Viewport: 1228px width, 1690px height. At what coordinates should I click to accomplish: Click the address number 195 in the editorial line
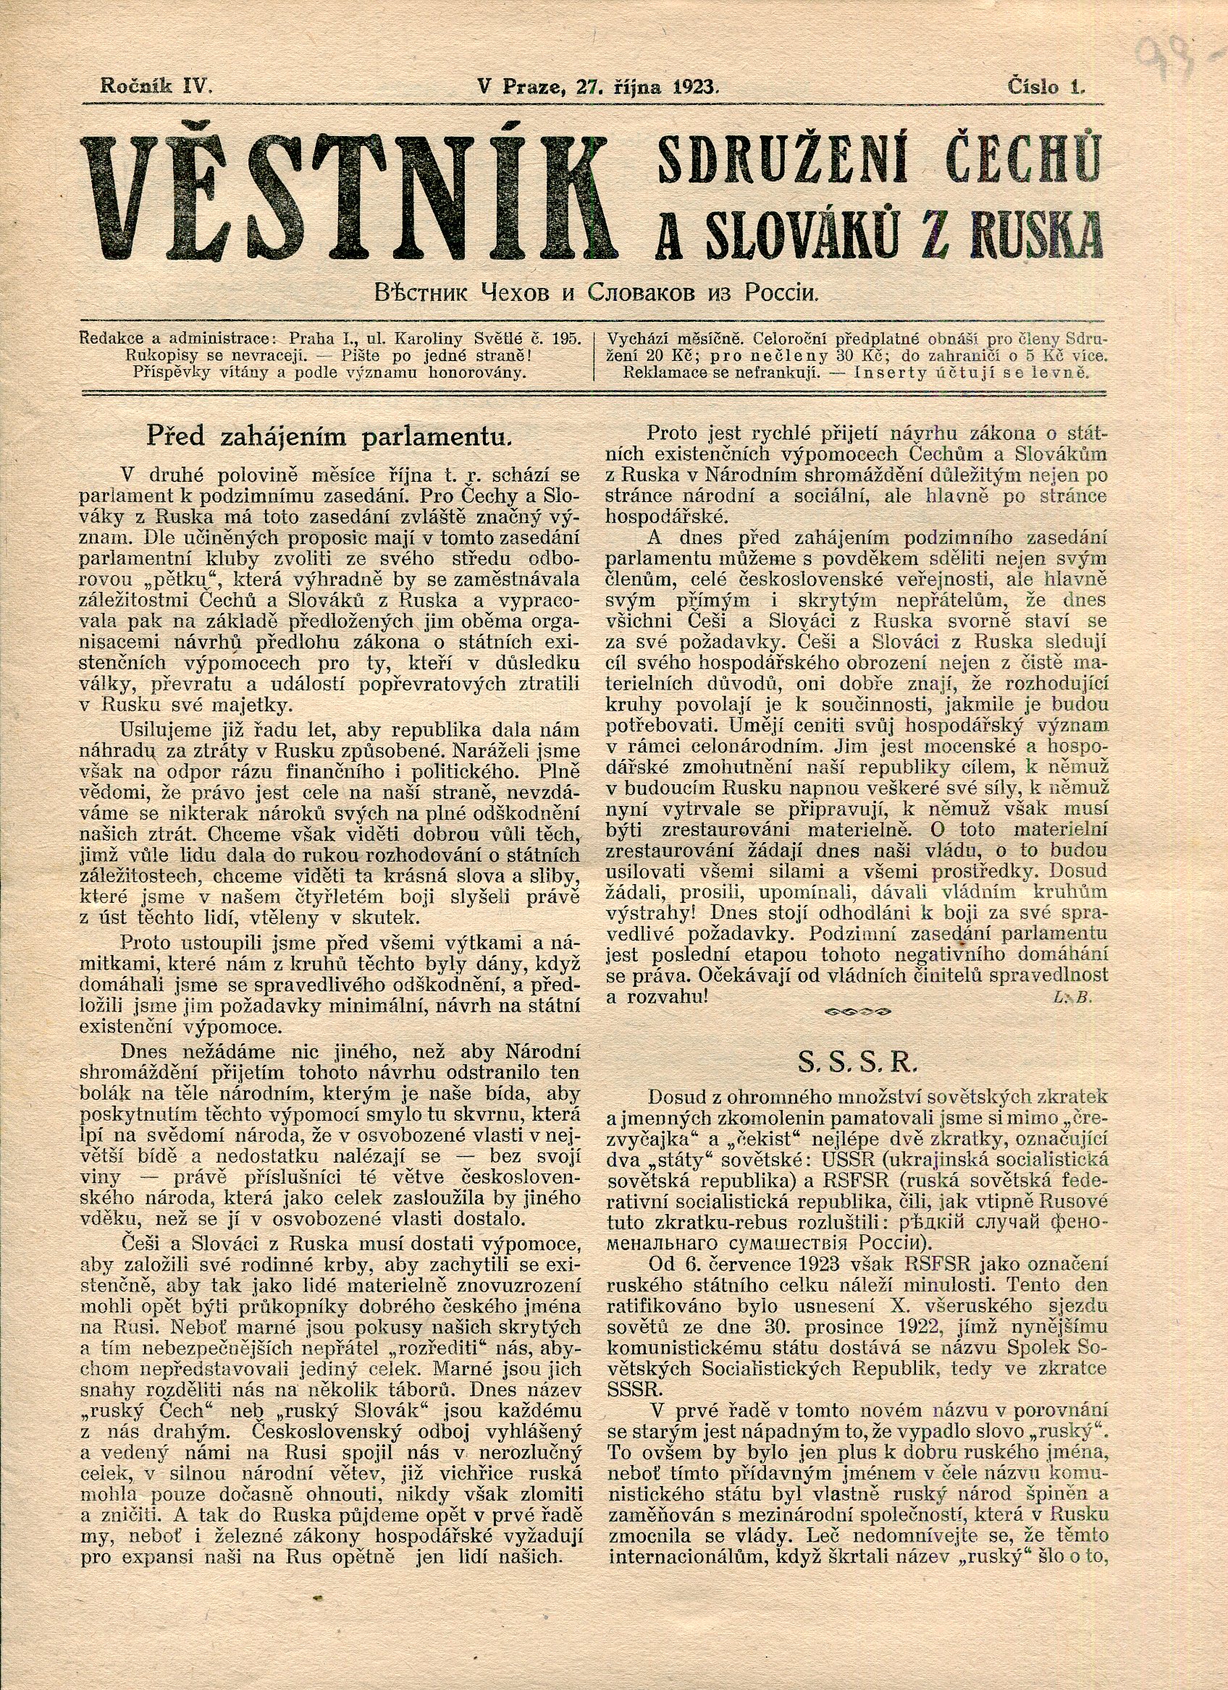tap(568, 339)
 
